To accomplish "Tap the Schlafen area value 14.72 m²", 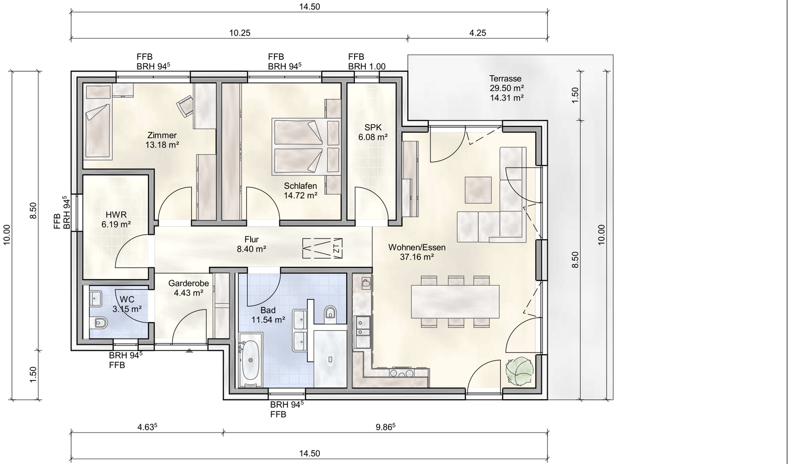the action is tap(301, 196).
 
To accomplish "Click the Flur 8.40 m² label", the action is tap(252, 244).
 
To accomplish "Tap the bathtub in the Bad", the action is tap(251, 360).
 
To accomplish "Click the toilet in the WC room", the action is tap(98, 323).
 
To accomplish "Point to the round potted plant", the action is tap(520, 371).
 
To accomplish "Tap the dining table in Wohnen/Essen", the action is tap(455, 302).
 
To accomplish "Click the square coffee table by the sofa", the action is tap(478, 190).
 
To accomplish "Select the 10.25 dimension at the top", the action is tap(240, 33).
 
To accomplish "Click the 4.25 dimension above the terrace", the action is tap(478, 33).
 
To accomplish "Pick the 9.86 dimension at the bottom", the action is tap(385, 427).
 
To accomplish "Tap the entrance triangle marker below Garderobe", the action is tap(189, 351).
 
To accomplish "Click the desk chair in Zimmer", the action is tap(185, 106).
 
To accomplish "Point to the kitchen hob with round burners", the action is tap(402, 373).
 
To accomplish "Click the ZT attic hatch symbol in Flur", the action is tap(322, 248).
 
